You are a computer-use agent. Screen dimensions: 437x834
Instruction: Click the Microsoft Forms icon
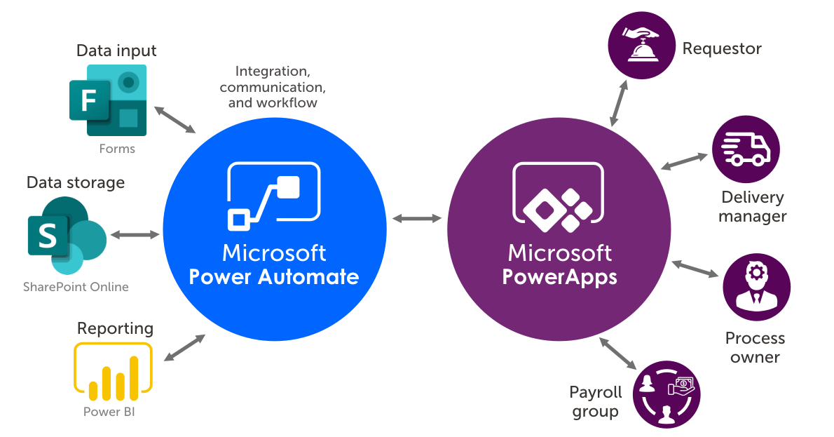pyautogui.click(x=108, y=100)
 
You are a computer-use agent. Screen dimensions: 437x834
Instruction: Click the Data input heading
pyautogui.click(x=116, y=51)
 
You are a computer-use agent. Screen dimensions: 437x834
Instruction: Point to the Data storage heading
pyautogui.click(x=76, y=182)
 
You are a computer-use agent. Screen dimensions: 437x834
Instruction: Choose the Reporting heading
pyautogui.click(x=115, y=328)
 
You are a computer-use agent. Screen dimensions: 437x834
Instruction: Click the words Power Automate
pyautogui.click(x=274, y=276)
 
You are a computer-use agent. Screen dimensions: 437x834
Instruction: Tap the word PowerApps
pyautogui.click(x=560, y=276)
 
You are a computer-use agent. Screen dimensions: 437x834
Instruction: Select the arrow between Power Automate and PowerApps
pyautogui.click(x=417, y=219)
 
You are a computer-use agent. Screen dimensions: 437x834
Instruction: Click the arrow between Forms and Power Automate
pyautogui.click(x=175, y=120)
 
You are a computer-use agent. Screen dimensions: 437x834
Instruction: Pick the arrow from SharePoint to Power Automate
pyautogui.click(x=135, y=234)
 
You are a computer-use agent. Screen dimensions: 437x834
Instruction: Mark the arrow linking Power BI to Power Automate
pyautogui.click(x=184, y=348)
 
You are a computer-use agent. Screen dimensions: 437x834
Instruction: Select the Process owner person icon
pyautogui.click(x=756, y=288)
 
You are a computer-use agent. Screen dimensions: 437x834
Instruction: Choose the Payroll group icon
pyautogui.click(x=666, y=394)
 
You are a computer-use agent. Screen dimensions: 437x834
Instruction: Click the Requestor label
pyautogui.click(x=722, y=48)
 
